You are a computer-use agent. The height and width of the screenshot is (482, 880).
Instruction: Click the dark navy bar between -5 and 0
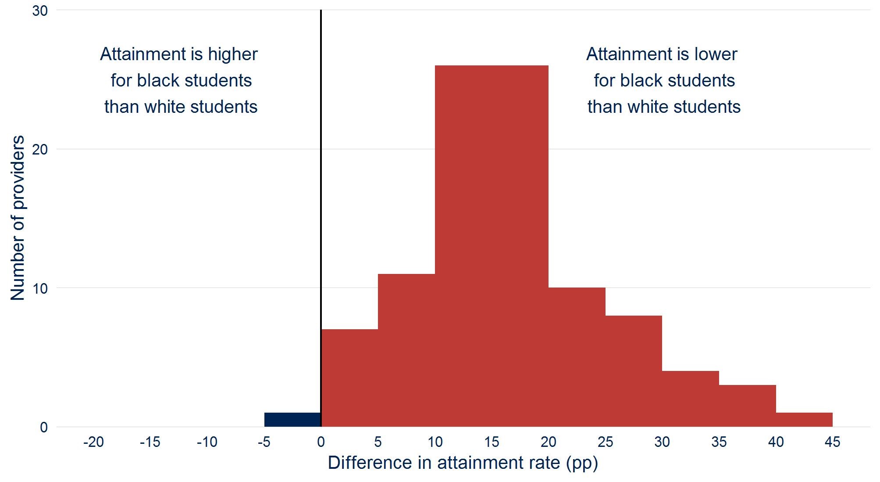292,420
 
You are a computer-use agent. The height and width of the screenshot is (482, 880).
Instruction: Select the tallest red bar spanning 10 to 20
492,246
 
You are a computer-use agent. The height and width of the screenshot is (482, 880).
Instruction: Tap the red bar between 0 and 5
349,378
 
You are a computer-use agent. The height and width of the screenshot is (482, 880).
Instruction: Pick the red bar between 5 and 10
406,350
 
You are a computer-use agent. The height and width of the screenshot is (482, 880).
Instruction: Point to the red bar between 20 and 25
577,357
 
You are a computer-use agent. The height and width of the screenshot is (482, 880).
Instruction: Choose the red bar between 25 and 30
634,371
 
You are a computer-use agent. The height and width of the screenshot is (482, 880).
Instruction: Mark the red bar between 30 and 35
691,399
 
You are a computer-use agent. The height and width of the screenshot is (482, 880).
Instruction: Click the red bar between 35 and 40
748,406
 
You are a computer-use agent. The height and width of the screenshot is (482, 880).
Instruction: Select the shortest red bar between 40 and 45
804,420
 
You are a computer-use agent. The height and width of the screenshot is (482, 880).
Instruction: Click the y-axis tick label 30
40,11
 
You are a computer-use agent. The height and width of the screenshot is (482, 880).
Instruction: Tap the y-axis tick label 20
40,150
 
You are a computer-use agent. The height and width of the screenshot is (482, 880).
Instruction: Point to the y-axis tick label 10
40,288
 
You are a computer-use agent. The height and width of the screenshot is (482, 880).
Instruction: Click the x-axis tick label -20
93,442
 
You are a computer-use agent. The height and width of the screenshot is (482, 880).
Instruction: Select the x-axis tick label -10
207,442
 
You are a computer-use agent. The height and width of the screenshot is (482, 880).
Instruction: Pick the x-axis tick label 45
832,442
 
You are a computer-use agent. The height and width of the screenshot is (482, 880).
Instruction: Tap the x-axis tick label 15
492,442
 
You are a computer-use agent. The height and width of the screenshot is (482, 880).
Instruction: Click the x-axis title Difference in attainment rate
463,463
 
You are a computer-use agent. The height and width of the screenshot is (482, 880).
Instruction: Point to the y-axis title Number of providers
18,218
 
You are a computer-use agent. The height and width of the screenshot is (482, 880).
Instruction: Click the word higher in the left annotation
232,54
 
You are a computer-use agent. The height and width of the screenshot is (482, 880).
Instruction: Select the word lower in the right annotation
716,54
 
